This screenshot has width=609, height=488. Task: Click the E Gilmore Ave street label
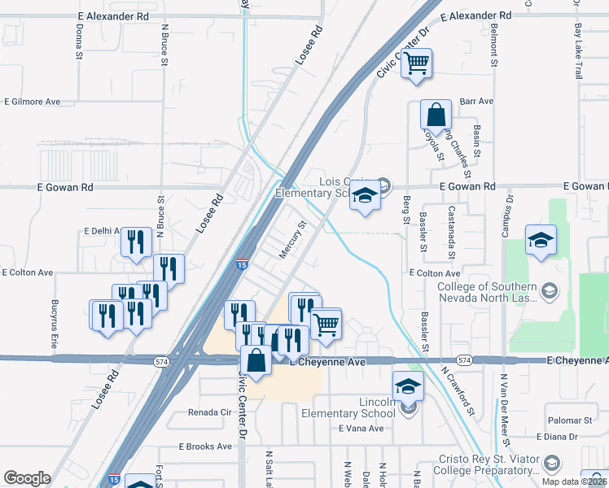click(x=32, y=102)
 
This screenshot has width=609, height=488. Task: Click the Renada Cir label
click(x=210, y=412)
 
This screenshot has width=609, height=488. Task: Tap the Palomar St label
click(x=570, y=420)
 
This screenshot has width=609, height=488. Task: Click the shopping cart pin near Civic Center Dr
click(x=417, y=63)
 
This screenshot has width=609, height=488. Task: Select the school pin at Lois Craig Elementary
click(x=366, y=196)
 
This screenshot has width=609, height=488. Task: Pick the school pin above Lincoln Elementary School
click(x=408, y=386)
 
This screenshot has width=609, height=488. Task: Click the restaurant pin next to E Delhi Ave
click(x=136, y=242)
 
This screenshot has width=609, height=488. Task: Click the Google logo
click(x=27, y=478)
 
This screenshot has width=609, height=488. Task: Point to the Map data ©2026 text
click(x=575, y=481)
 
